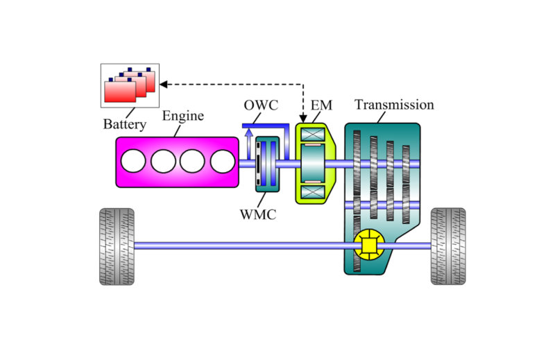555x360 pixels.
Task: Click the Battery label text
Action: pos(125,125)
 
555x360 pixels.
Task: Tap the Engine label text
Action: pos(182,116)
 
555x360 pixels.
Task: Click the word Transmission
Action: pos(394,105)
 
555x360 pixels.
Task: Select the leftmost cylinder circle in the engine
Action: pos(133,162)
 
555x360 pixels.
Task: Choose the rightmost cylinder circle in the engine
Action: pos(223,162)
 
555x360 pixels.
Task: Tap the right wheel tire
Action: pos(448,246)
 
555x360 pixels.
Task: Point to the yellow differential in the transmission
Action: pos(368,244)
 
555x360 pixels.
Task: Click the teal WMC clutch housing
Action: pos(266,164)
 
